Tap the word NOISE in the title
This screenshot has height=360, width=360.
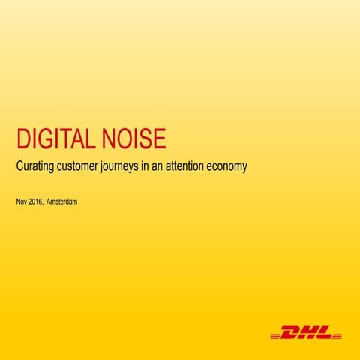tap(139, 139)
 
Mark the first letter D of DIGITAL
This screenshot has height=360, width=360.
tap(23, 139)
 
